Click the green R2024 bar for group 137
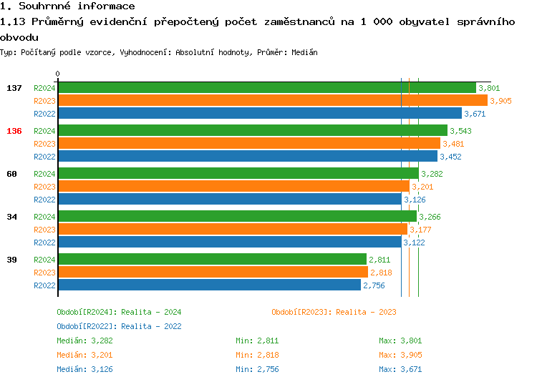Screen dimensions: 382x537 [266, 87]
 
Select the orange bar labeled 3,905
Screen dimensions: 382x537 [272, 100]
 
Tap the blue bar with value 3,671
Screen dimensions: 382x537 [259, 113]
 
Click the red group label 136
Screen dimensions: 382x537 [14, 131]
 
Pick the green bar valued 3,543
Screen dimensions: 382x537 [252, 130]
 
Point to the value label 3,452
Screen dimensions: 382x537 [451, 157]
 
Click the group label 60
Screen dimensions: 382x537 [12, 174]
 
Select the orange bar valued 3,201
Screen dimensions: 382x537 [233, 186]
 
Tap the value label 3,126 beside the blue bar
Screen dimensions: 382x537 [416, 200]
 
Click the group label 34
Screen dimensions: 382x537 [12, 217]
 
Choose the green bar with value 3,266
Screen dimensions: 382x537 [236, 216]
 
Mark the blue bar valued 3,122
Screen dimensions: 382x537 [229, 242]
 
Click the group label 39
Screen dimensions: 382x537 [12, 260]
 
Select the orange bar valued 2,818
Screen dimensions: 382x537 [212, 272]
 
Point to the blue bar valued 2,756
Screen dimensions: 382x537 [209, 285]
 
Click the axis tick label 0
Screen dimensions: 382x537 [58, 74]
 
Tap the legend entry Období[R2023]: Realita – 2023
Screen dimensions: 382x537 [334, 312]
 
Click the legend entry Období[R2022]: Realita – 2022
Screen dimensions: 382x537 [119, 326]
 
